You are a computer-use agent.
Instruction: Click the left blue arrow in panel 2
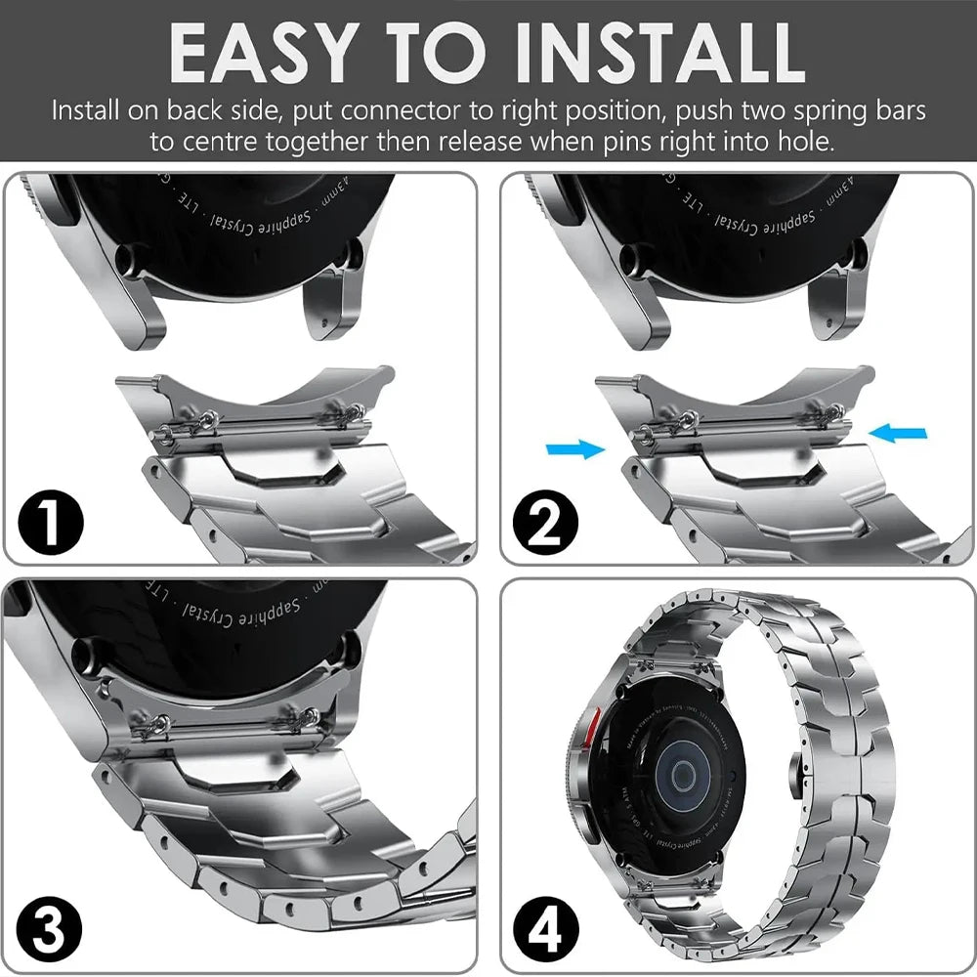574,447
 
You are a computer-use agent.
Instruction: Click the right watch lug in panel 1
337,303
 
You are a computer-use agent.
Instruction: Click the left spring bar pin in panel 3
147,723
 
